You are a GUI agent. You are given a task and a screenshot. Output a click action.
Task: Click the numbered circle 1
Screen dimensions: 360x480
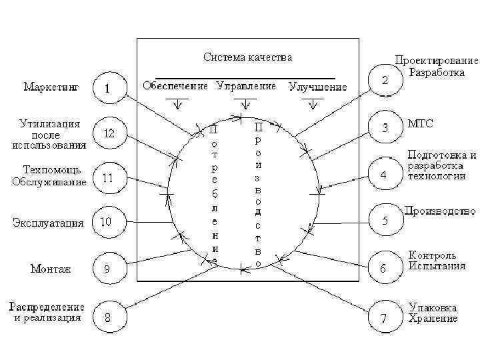coord(107,88)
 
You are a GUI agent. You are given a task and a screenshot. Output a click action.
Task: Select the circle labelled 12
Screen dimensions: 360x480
coord(107,133)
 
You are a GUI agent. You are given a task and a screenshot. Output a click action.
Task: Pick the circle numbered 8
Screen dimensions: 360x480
coord(107,318)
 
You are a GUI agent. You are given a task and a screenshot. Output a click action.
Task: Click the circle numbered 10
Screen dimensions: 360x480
coord(107,221)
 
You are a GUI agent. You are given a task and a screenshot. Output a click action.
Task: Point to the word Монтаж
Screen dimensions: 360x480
coord(51,269)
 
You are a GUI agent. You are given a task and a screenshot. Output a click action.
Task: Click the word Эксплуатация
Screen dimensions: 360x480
coord(48,223)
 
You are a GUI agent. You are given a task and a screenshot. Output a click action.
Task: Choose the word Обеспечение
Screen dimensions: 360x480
coord(176,86)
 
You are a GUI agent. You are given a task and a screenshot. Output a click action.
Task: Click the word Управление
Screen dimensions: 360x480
coord(246,86)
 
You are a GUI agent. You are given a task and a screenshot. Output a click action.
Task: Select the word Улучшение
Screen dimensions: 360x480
coord(318,87)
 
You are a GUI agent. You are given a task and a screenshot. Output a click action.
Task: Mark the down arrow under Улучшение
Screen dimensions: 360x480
coord(309,104)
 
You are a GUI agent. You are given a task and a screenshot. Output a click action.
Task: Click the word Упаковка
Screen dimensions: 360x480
coord(433,307)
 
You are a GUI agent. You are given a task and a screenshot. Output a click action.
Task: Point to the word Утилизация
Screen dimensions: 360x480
coord(50,123)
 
